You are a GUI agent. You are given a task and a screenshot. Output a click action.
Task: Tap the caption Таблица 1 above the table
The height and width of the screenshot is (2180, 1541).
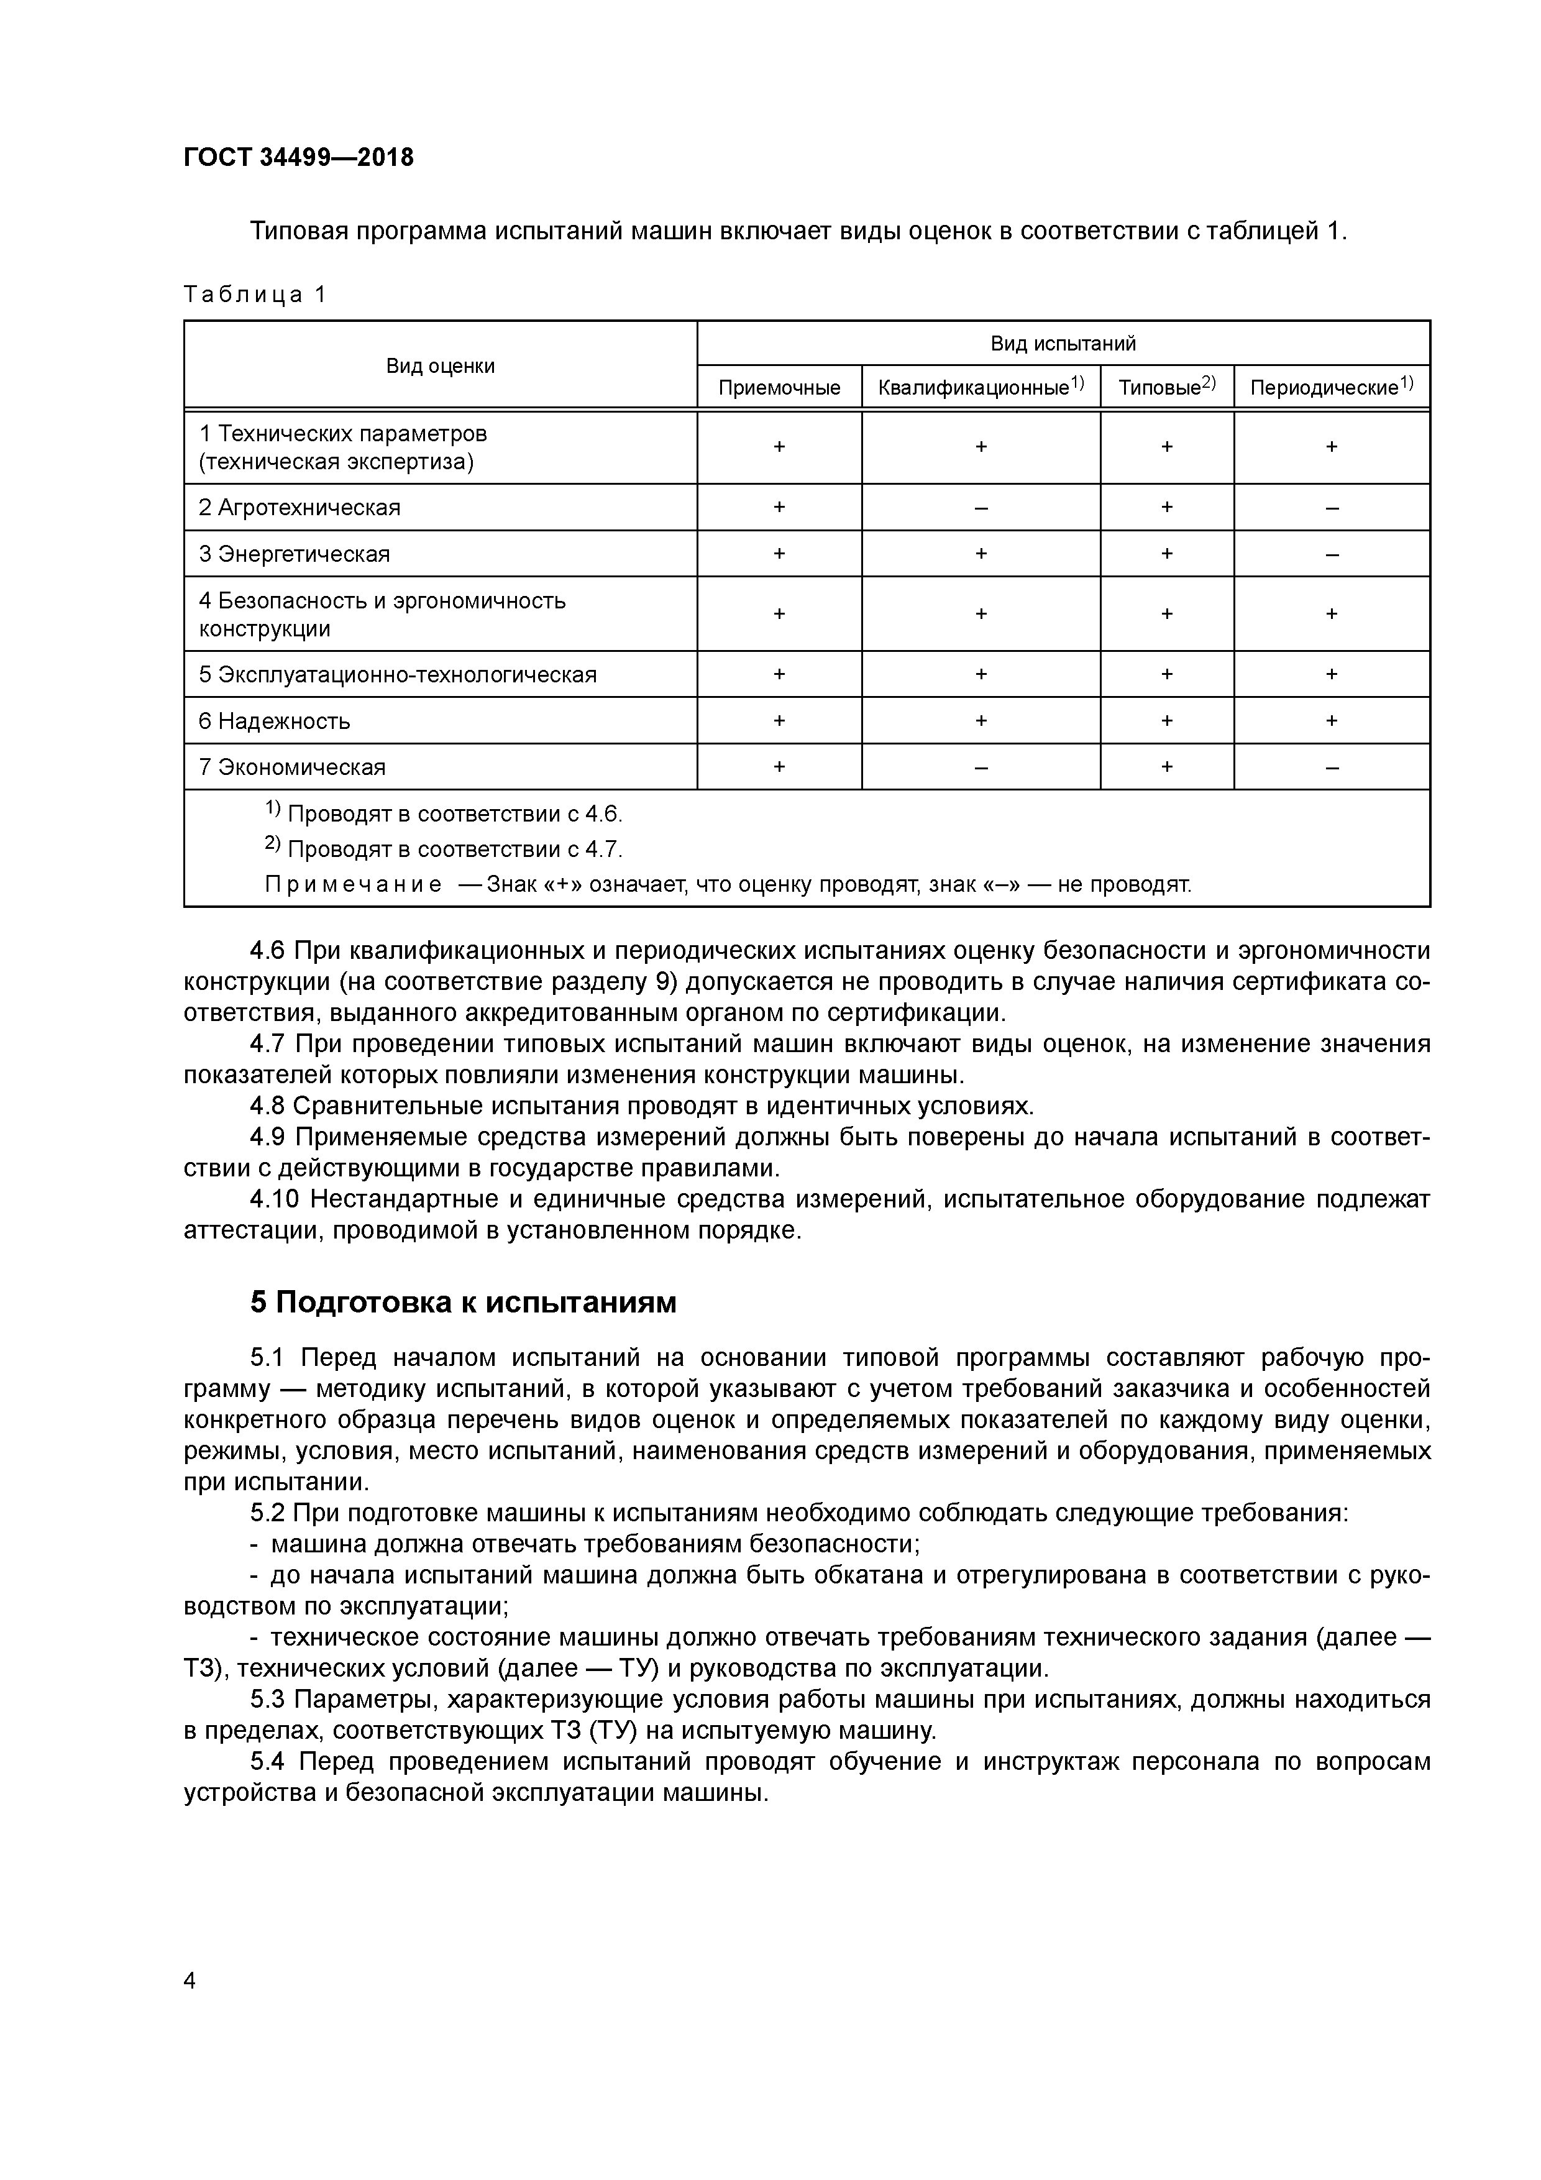pos(255,295)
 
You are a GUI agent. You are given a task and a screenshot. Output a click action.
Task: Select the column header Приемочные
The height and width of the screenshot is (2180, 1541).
pos(779,387)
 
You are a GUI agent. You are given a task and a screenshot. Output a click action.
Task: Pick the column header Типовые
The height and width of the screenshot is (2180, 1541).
pos(1159,387)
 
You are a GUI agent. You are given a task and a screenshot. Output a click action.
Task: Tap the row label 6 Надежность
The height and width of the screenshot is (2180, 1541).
pos(275,721)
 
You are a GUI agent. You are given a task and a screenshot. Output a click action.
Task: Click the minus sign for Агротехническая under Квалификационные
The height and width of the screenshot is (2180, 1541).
pos(981,508)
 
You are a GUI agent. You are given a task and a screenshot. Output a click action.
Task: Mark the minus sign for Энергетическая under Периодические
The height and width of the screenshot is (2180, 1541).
pos(1331,554)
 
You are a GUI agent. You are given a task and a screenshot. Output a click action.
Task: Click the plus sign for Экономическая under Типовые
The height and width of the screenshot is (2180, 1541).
pos(1166,766)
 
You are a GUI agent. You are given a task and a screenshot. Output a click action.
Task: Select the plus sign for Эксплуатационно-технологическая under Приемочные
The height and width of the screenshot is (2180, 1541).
pos(779,674)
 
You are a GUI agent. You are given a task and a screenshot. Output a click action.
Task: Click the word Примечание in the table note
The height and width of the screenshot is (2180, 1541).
pos(352,885)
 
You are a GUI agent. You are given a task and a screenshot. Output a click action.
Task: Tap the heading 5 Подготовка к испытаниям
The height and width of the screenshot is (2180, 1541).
pos(464,1302)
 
